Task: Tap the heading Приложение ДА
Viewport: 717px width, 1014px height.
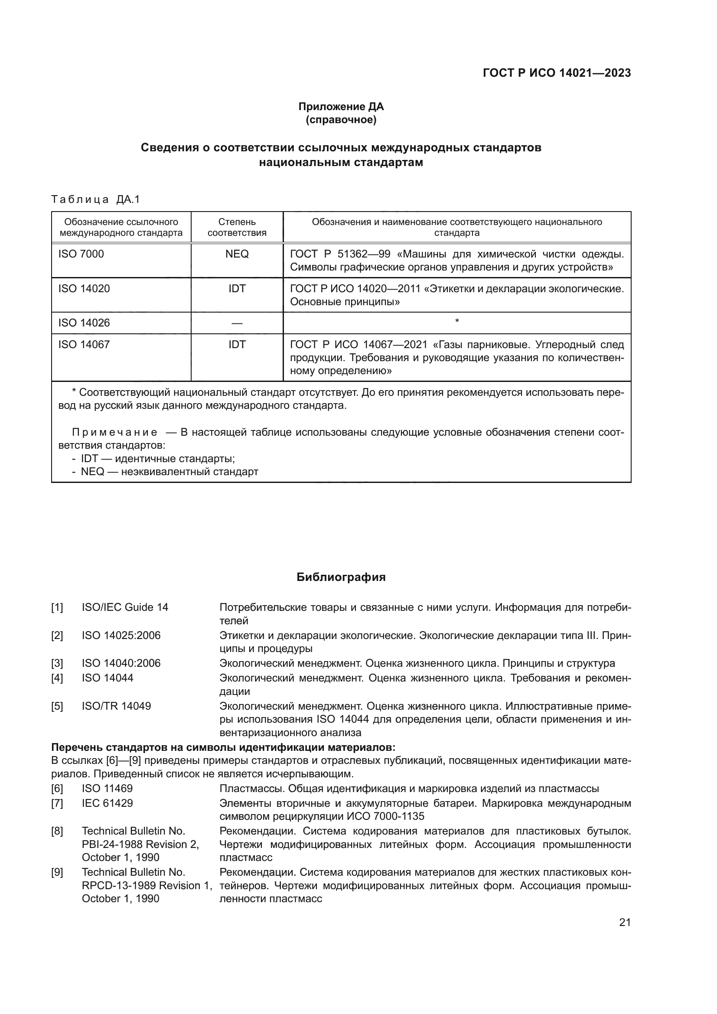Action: [341, 107]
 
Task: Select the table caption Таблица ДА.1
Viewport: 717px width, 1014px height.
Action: [95, 199]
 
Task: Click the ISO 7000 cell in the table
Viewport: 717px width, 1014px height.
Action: [81, 254]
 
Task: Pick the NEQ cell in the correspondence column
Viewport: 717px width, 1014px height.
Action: [237, 254]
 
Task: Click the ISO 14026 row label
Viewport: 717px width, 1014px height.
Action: [84, 323]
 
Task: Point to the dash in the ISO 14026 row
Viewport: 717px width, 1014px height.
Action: [237, 323]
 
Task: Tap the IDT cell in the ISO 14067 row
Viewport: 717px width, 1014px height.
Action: [237, 345]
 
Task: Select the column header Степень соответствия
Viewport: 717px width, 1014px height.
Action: [237, 227]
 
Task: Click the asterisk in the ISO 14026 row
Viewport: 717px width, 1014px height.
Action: [457, 322]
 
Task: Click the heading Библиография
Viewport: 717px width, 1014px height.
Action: [341, 577]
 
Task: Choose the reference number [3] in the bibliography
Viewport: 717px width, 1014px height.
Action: [57, 663]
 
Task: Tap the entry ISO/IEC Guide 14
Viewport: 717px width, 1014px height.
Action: [125, 607]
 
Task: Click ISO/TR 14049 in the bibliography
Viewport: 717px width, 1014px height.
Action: [116, 706]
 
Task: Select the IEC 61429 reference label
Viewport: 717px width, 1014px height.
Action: [107, 803]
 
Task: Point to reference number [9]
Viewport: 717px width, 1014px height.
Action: [57, 872]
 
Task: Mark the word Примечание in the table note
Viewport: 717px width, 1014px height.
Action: [114, 432]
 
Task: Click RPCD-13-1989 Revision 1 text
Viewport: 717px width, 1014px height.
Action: [147, 886]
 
